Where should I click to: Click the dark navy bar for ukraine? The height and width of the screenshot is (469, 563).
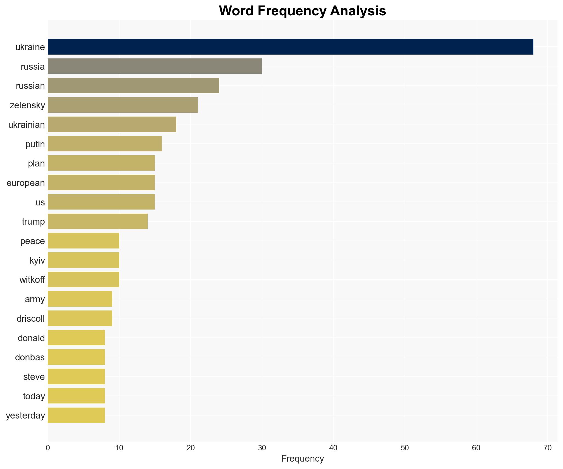[290, 47]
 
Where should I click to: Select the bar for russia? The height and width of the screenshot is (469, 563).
[155, 66]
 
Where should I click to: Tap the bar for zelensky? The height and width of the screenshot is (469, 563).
[123, 105]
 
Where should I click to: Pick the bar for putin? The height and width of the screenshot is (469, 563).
[105, 144]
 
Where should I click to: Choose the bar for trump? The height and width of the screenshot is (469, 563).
[98, 221]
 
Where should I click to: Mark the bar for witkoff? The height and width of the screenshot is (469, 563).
[83, 279]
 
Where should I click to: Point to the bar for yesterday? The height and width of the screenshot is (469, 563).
[76, 415]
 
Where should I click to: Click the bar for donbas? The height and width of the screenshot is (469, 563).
[76, 357]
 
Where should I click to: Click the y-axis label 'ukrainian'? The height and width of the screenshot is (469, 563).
[27, 125]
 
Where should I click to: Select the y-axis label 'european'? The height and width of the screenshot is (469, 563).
[26, 183]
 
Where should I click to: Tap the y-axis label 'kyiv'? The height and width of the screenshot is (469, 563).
[37, 261]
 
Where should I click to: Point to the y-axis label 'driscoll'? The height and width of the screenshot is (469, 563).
[31, 319]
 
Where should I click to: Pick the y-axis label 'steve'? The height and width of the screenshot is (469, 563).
[34, 377]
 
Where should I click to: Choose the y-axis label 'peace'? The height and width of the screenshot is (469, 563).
[33, 241]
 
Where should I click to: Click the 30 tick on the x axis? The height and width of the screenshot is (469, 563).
[262, 448]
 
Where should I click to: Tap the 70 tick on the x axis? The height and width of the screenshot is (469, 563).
[547, 448]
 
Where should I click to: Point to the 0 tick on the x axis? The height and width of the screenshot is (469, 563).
[48, 448]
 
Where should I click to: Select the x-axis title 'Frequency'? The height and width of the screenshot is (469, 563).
[302, 459]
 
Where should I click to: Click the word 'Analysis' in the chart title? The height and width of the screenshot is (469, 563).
[358, 11]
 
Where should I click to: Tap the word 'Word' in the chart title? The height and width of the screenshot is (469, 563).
[236, 11]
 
